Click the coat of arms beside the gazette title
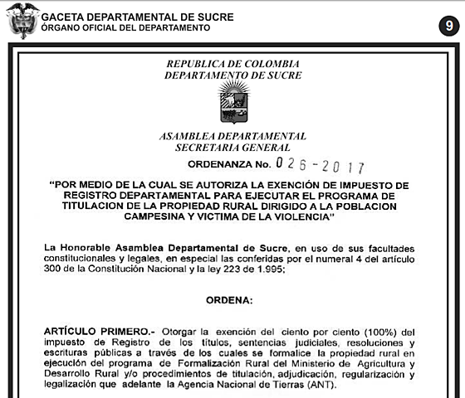pos(22,21)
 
